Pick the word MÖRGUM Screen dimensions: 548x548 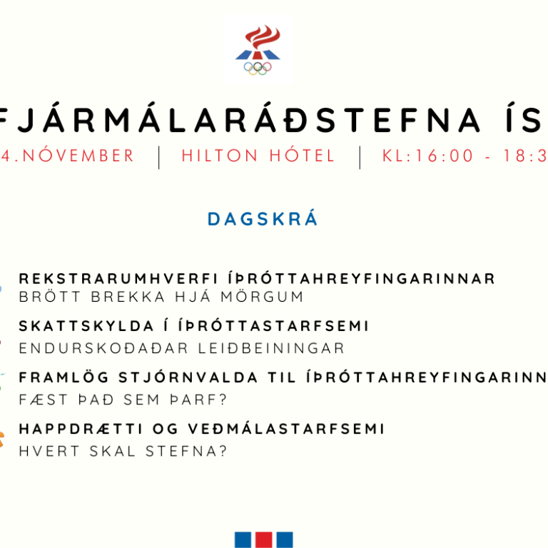(266, 297)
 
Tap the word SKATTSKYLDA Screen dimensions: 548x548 (81, 326)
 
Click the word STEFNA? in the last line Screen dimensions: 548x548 (187, 452)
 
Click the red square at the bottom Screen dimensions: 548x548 (263, 539)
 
